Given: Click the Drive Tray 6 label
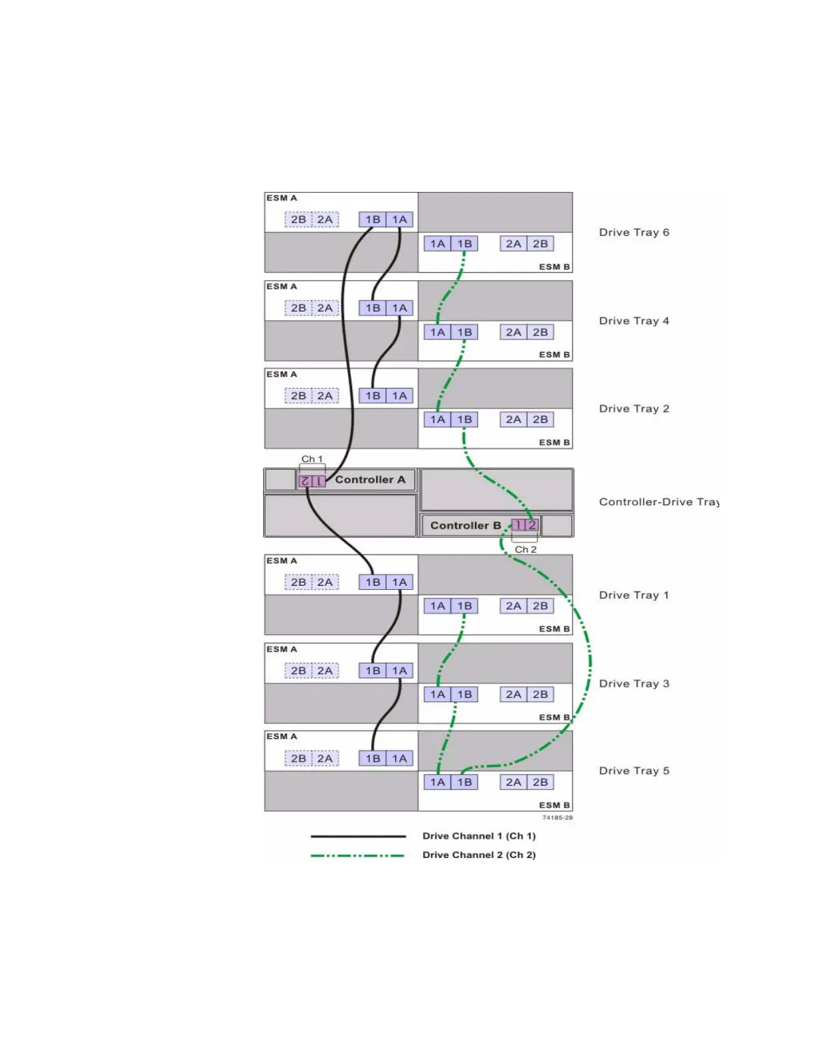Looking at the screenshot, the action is [634, 232].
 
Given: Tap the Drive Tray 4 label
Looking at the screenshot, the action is [634, 321].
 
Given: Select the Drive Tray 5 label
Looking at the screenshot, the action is [634, 770].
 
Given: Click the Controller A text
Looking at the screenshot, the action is [370, 480].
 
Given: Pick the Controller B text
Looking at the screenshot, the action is [465, 525].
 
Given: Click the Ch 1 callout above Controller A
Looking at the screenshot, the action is [312, 459].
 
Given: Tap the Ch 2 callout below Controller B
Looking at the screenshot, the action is [525, 549].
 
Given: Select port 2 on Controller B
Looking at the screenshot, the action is [532, 525].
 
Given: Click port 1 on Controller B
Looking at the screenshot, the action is [518, 525].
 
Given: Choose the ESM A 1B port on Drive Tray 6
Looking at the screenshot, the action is [373, 220].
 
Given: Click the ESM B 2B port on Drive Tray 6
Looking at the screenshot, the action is [540, 244].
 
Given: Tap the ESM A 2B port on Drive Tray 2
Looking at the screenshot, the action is [298, 396].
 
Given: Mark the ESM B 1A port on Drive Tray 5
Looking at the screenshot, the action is [437, 782].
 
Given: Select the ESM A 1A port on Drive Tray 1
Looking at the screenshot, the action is [399, 582].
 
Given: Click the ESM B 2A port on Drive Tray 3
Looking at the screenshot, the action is [513, 695].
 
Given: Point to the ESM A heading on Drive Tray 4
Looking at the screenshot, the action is [282, 286].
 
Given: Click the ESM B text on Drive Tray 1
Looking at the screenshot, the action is [554, 629].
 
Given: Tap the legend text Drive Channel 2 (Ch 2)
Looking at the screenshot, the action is [479, 855].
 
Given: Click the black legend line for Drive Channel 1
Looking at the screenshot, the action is [358, 836].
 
